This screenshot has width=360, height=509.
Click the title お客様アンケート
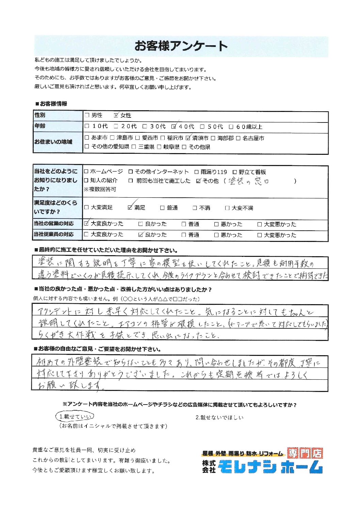[181, 46]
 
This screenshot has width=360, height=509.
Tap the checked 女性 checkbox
[116, 115]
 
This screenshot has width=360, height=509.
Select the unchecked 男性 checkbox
[87, 115]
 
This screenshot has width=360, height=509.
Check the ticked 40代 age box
[174, 127]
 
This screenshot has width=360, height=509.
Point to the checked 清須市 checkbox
[188, 138]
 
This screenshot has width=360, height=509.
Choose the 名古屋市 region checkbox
[238, 138]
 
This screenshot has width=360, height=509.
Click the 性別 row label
[40, 115]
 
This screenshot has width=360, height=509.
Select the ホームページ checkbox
[86, 172]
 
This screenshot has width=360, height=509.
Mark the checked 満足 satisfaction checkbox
[130, 207]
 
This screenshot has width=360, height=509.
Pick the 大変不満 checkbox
[227, 208]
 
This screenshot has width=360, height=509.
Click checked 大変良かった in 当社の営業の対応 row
[86, 224]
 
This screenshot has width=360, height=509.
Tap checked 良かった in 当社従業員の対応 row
[141, 234]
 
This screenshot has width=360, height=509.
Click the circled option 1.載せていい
[75, 416]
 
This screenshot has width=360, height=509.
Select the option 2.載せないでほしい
[219, 417]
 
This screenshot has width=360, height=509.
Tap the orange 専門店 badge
[305, 453]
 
